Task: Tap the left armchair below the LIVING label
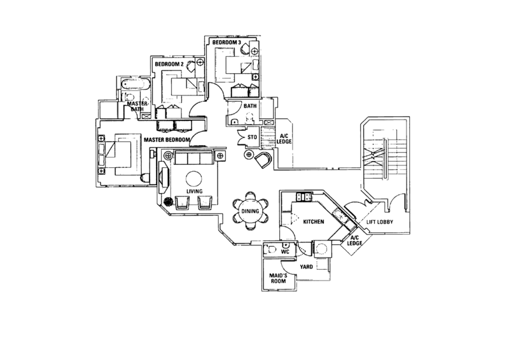click(182, 204)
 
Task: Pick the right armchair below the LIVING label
click(205, 204)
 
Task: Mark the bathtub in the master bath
click(134, 85)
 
